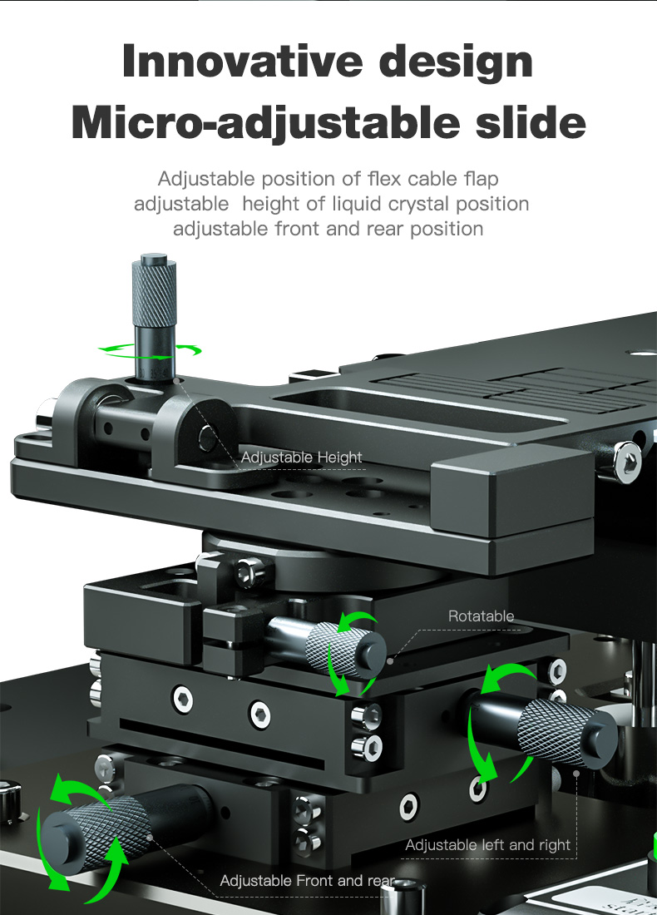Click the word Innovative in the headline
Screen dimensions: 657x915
tap(242, 61)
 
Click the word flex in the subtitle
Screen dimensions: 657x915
tap(385, 179)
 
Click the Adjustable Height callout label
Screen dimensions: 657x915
tap(302, 457)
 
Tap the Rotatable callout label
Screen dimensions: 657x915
tap(481, 616)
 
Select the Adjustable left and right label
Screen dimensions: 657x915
tap(488, 845)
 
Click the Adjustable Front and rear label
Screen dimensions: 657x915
tap(308, 881)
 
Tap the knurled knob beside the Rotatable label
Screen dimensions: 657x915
tap(345, 649)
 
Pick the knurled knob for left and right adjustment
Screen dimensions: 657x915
tap(567, 732)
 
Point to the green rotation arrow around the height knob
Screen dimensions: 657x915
tap(149, 351)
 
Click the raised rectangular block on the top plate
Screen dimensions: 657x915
tap(512, 491)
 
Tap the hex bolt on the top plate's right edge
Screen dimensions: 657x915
tap(628, 462)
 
